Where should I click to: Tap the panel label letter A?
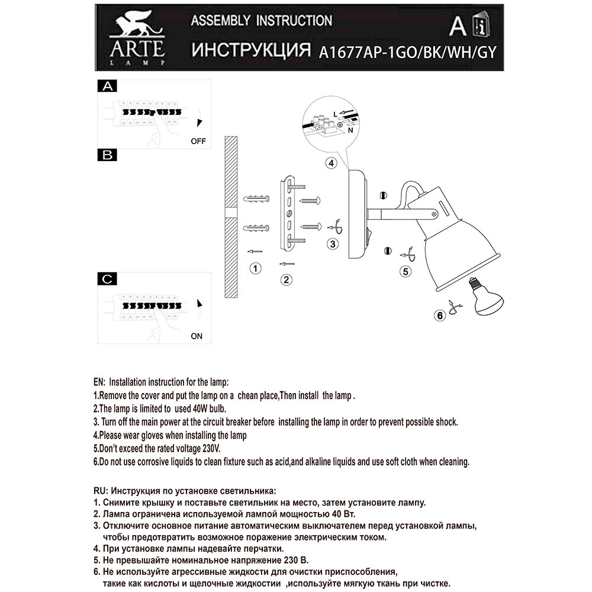pos(107,86)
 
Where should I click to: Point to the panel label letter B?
pos(107,156)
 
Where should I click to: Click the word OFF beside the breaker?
pos(198,142)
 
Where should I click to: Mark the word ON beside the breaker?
pos(197,336)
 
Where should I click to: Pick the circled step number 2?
pos(287,279)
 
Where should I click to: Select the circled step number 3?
pos(334,243)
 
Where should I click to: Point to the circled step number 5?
pos(405,272)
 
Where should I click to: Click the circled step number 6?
pos(440,316)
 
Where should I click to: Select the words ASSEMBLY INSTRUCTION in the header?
pos(260,21)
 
